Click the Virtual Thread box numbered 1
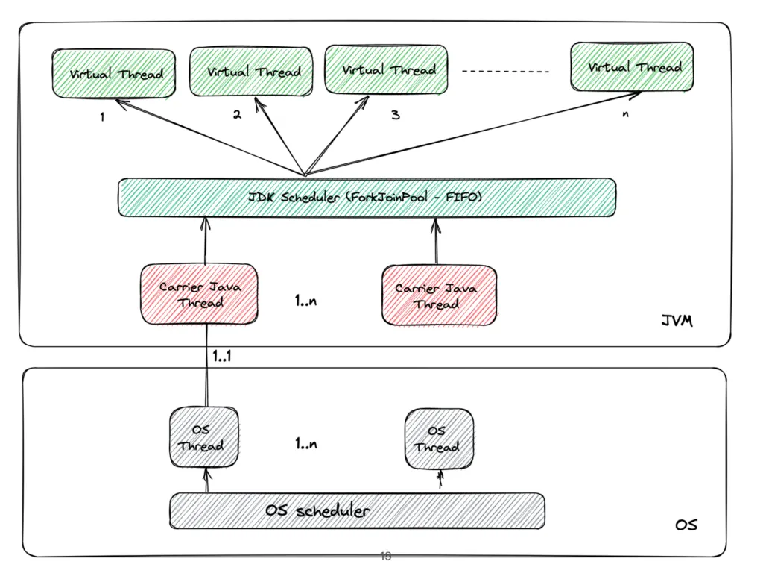click(x=113, y=75)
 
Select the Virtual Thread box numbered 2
click(x=253, y=72)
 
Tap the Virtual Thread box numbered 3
click(x=387, y=69)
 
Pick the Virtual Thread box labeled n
click(x=633, y=67)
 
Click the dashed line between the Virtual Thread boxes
click(x=506, y=72)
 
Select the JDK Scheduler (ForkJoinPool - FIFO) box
click(x=367, y=198)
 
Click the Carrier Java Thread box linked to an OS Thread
click(x=200, y=294)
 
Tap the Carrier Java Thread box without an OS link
click(x=438, y=295)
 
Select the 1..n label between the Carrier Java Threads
click(x=306, y=303)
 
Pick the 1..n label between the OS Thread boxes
click(x=306, y=444)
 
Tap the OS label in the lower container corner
click(x=686, y=525)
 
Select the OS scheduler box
click(x=357, y=511)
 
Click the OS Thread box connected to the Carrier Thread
click(x=200, y=439)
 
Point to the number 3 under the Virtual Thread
click(x=395, y=115)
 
